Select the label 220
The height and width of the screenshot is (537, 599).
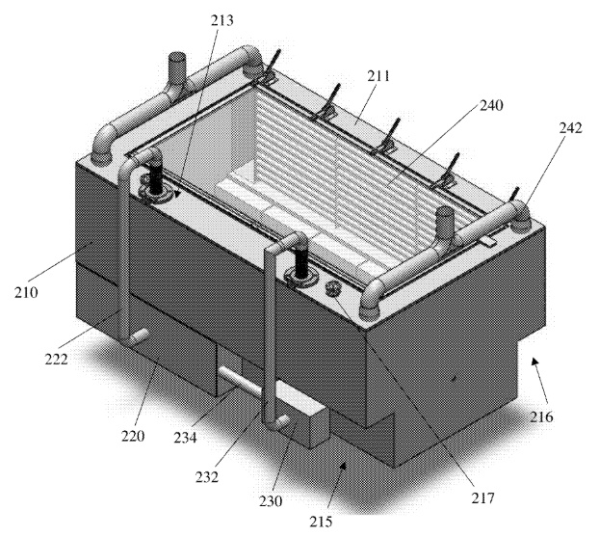133,436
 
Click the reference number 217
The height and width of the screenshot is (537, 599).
483,498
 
